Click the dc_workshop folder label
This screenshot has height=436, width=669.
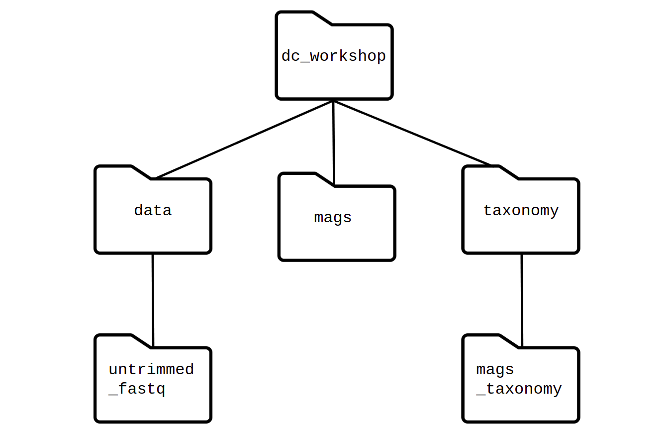[334, 56]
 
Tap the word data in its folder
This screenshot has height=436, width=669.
[153, 210]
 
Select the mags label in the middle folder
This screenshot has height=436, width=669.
[333, 218]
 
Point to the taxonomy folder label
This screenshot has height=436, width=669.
[521, 210]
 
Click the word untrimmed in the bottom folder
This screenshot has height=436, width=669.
[151, 369]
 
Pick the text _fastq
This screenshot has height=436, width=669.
[137, 389]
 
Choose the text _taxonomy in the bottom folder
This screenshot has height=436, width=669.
[519, 389]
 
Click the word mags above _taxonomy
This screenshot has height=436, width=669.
[495, 369]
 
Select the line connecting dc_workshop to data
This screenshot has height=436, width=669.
[244, 140]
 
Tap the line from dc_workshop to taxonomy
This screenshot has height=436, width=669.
[413, 133]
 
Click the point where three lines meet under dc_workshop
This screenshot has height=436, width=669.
[333, 101]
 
